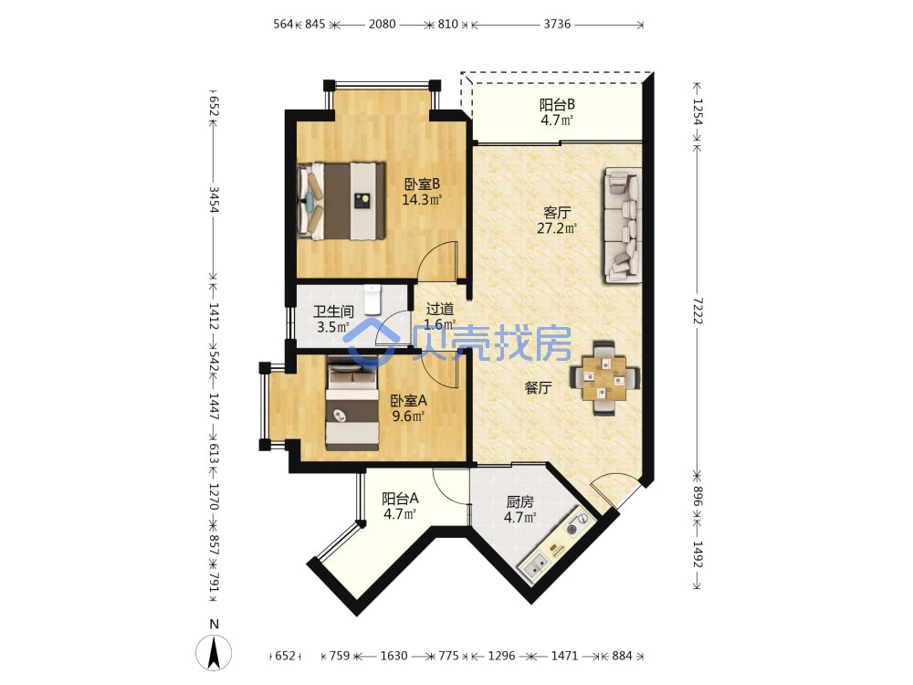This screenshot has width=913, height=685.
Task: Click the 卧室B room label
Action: [x=422, y=184]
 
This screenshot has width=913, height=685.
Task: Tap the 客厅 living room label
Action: [x=557, y=213]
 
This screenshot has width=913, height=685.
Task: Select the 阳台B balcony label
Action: [x=557, y=105]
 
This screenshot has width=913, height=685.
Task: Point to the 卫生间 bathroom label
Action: [x=333, y=311]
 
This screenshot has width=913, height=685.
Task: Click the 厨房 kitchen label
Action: [x=520, y=501]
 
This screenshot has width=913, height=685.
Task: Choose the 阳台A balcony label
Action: [x=400, y=499]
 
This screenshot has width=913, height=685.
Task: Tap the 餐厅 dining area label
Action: [x=538, y=387]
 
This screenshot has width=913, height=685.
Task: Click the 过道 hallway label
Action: [x=440, y=309]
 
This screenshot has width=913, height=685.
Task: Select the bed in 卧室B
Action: [x=341, y=201]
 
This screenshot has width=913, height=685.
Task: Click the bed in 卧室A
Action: [x=352, y=403]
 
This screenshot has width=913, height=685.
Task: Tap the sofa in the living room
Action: [x=623, y=226]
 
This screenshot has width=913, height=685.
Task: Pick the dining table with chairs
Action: [x=604, y=378]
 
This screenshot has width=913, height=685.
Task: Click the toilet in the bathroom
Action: [x=372, y=300]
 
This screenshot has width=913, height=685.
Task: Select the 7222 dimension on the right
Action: [x=698, y=311]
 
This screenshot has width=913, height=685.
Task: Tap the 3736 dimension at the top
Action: [x=557, y=24]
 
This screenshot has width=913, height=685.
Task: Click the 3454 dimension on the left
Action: [x=214, y=200]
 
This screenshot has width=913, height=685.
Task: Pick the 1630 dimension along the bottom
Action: [x=394, y=656]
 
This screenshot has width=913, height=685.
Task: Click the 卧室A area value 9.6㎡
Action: [x=407, y=416]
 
